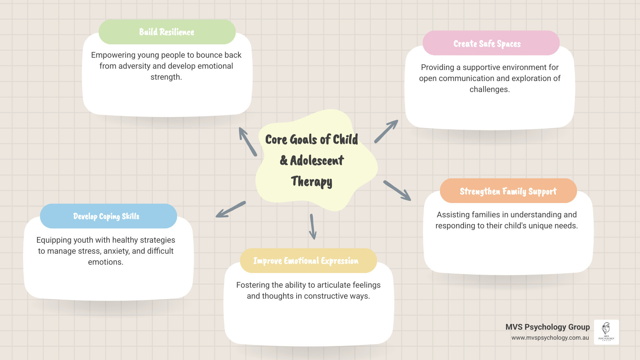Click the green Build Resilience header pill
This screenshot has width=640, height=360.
click(167, 32)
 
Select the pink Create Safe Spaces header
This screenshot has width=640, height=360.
click(491, 43)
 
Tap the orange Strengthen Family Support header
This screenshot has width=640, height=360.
click(508, 191)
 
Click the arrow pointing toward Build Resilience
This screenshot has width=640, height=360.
click(248, 142)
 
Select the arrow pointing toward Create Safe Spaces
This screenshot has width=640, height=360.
click(386, 131)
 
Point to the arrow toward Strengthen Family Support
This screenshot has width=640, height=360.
click(397, 190)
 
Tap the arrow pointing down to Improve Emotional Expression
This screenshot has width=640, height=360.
click(313, 227)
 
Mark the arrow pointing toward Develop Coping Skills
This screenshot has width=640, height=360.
click(231, 209)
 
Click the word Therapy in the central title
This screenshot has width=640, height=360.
click(311, 182)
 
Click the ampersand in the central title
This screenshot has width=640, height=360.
click(284, 160)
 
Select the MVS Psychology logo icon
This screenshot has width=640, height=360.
click(606, 332)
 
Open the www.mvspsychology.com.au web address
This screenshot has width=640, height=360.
click(550, 338)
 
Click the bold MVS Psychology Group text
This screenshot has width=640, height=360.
click(547, 327)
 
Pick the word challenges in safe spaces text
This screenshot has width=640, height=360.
click(489, 89)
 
